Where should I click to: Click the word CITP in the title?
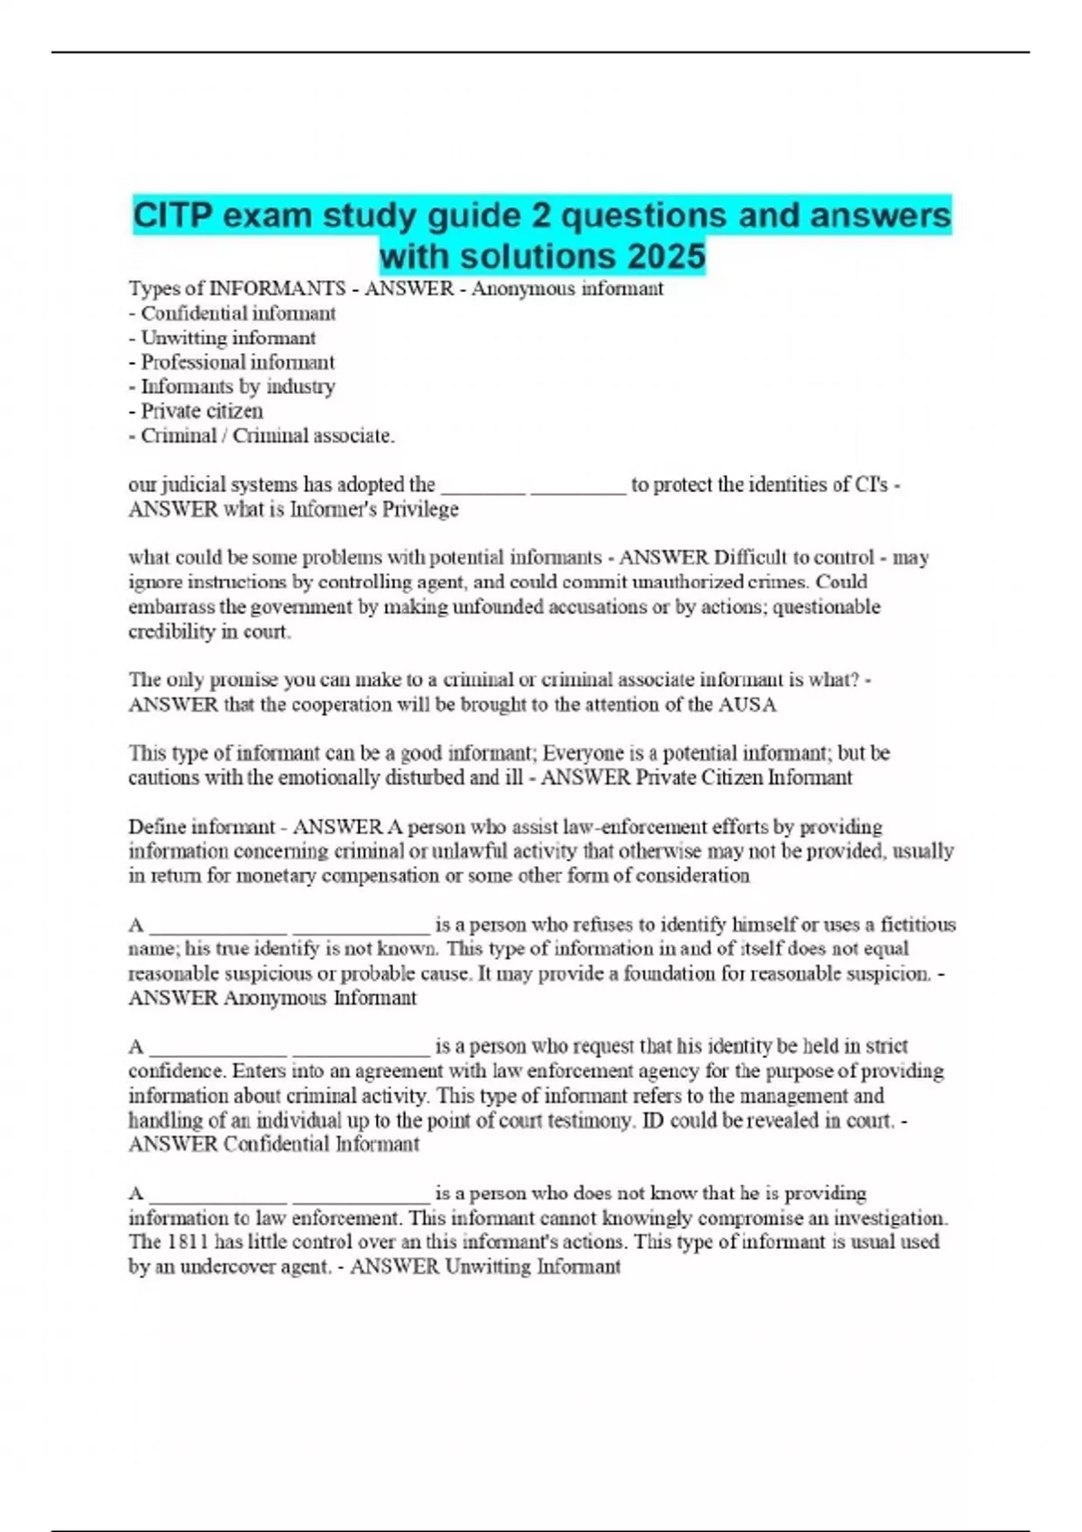(172, 216)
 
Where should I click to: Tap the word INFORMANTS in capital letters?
(277, 288)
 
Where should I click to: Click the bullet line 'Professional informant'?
(237, 362)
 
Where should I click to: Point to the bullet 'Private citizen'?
(201, 411)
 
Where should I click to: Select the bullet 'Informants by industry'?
(237, 387)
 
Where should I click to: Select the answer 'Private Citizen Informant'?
(744, 778)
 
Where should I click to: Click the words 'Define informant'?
(201, 826)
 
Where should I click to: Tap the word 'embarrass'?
(171, 606)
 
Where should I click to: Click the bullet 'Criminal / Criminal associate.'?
(267, 435)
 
